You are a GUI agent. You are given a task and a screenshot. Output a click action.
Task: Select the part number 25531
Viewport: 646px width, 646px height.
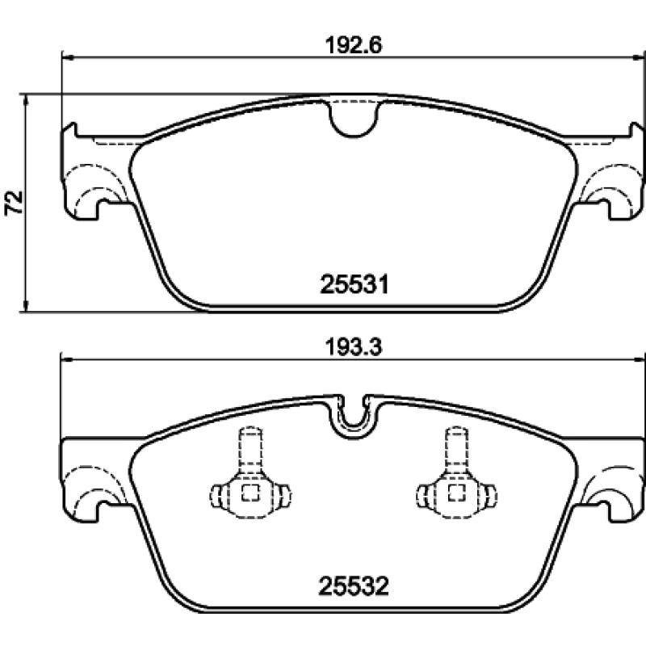pos(356,284)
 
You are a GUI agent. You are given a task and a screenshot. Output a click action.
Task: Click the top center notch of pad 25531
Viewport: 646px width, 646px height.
pos(353,116)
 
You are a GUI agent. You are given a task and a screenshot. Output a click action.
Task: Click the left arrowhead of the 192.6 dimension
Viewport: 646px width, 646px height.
pos(67,57)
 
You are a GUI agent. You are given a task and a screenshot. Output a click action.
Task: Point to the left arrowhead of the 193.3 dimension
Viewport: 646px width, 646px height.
pos(67,359)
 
